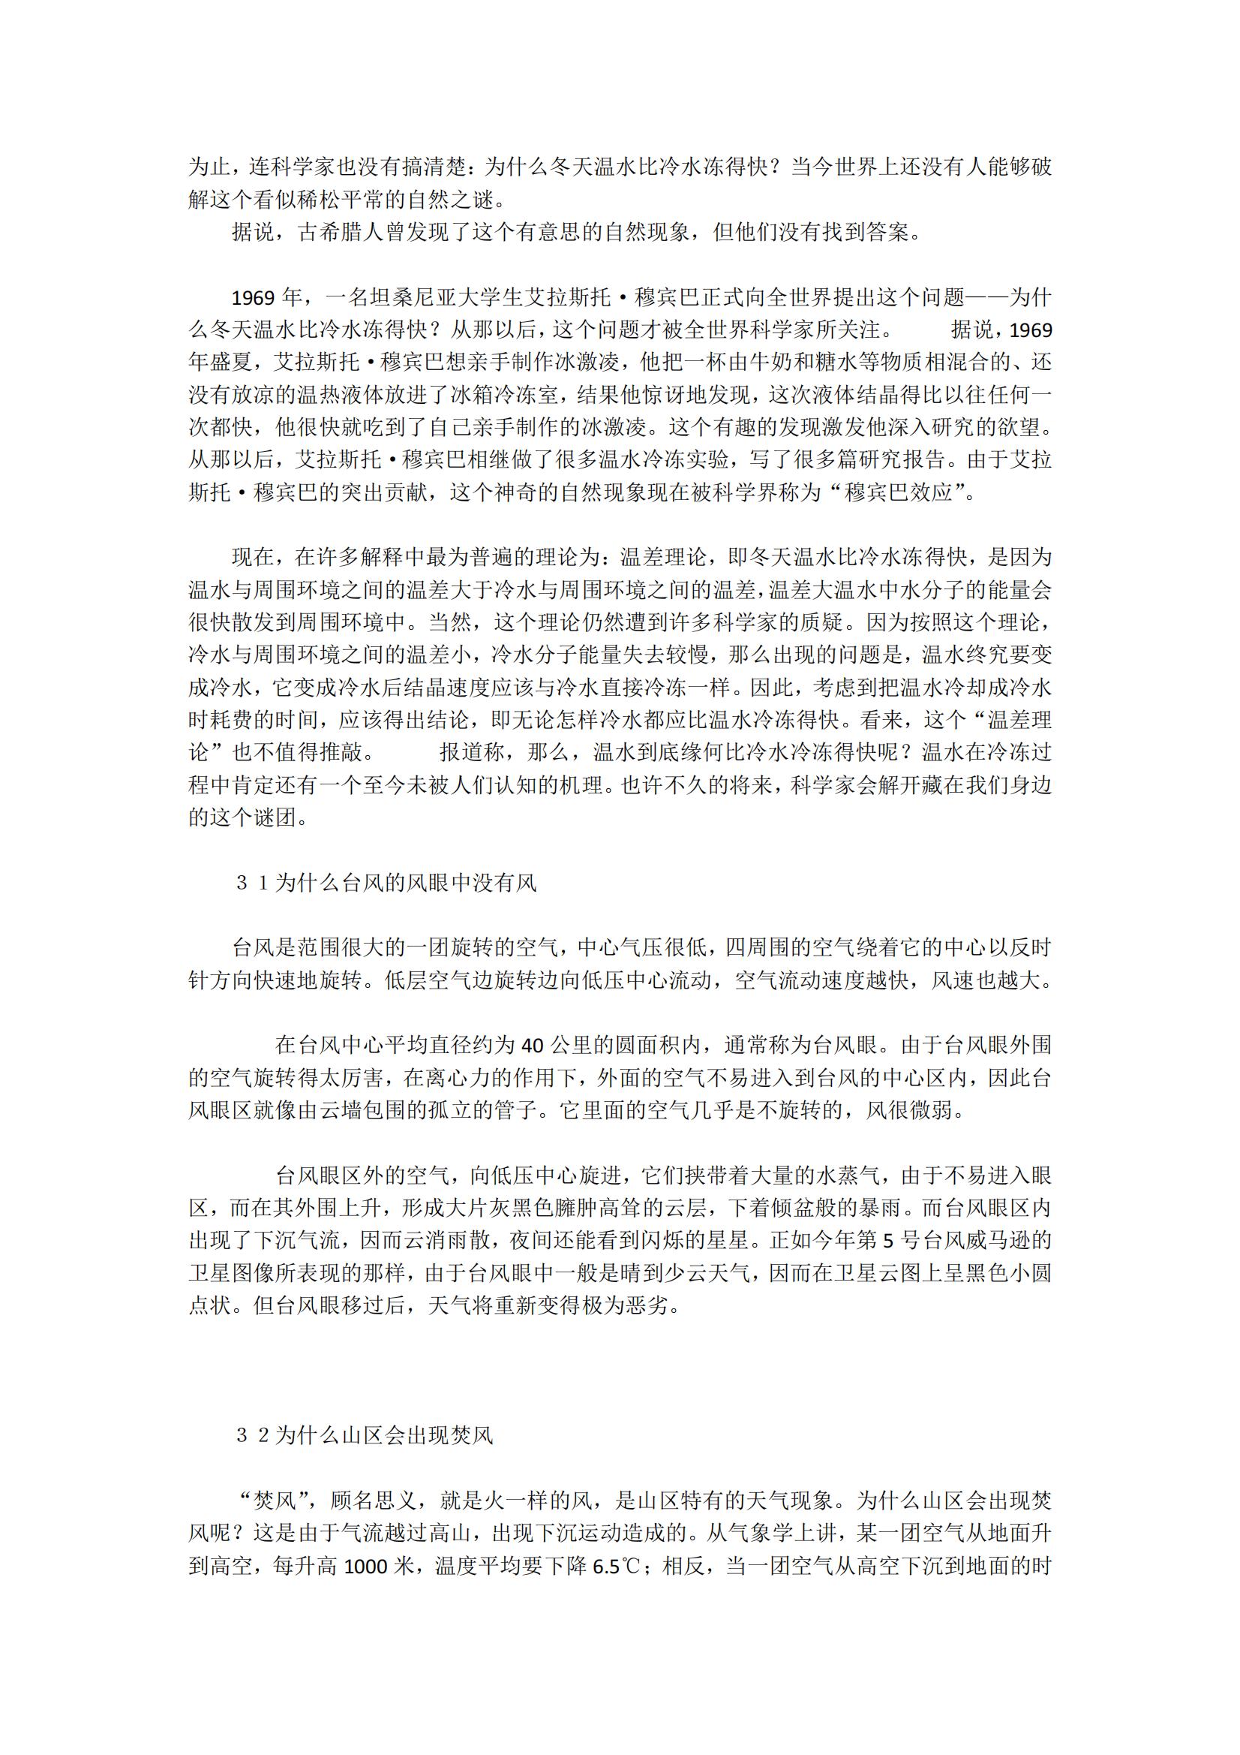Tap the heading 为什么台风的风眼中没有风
click(406, 883)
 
